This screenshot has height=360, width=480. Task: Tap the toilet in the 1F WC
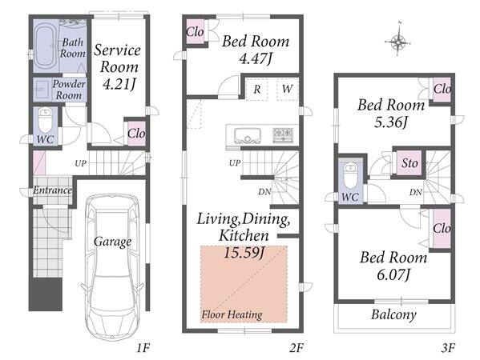pyautogui.click(x=45, y=122)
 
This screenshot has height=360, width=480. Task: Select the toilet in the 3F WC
pyautogui.click(x=350, y=177)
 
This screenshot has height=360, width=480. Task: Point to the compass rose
pyautogui.click(x=398, y=42)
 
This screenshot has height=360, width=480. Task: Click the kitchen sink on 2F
pyautogui.click(x=248, y=135)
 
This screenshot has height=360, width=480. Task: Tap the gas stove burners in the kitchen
pyautogui.click(x=284, y=134)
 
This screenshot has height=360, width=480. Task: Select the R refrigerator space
pyautogui.click(x=257, y=89)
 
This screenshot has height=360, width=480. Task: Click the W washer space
pyautogui.click(x=287, y=89)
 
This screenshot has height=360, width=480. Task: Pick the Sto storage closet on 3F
pyautogui.click(x=409, y=163)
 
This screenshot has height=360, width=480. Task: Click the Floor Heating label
pyautogui.click(x=232, y=314)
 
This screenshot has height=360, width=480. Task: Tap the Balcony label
pyautogui.click(x=393, y=314)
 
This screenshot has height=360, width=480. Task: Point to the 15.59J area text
pyautogui.click(x=244, y=252)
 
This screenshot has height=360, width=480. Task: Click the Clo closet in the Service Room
pyautogui.click(x=136, y=133)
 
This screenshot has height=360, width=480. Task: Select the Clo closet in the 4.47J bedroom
pyautogui.click(x=195, y=31)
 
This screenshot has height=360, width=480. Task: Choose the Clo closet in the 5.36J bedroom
pyautogui.click(x=442, y=90)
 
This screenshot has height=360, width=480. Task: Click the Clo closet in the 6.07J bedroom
pyautogui.click(x=442, y=228)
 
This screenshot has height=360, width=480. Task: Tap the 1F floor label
pyautogui.click(x=143, y=348)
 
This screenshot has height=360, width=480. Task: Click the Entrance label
pyautogui.click(x=52, y=190)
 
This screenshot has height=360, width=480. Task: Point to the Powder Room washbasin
pyautogui.click(x=41, y=90)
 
